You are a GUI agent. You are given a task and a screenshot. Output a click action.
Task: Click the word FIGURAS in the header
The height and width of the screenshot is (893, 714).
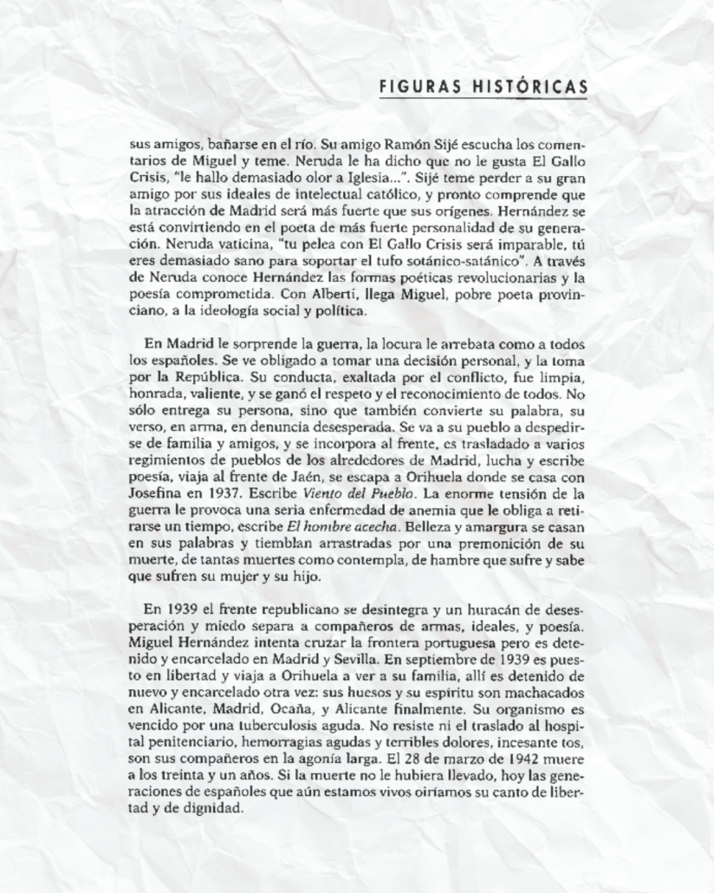(412, 86)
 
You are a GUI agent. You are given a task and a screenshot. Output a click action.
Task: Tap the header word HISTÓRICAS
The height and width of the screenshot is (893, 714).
(530, 86)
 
